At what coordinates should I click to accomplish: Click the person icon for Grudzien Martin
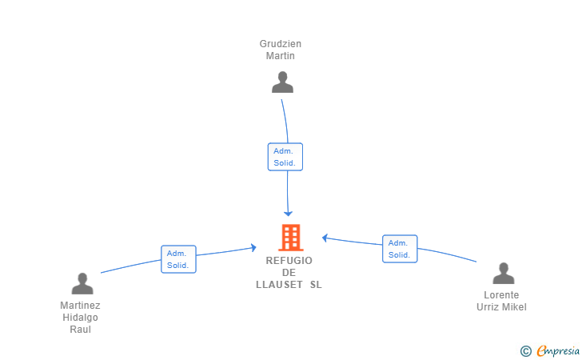point(282,82)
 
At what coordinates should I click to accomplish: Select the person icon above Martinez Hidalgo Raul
point(82,283)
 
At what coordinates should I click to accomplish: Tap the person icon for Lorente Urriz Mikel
point(504,273)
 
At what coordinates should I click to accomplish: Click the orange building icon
point(291,238)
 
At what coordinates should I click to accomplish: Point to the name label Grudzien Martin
point(281,50)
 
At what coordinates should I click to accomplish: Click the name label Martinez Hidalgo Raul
point(80,318)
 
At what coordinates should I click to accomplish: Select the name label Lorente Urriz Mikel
point(501,301)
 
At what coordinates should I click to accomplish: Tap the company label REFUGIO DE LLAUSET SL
point(289,272)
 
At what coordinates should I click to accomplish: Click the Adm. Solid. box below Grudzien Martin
point(285,157)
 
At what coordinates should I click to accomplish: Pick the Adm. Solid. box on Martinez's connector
point(178,259)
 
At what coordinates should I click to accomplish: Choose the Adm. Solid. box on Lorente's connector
point(400,249)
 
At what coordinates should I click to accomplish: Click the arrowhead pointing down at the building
point(288,214)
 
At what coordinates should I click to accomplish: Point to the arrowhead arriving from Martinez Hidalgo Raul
point(254,248)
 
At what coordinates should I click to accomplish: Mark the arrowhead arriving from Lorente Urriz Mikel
point(325,238)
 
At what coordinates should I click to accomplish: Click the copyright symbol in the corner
point(526,351)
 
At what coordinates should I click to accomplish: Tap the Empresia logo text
point(558,350)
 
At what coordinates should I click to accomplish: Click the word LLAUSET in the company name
point(279,285)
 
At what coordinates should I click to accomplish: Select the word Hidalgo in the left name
point(80,318)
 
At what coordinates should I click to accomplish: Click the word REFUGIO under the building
point(289,261)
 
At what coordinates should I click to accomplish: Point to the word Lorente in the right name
point(501,295)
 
